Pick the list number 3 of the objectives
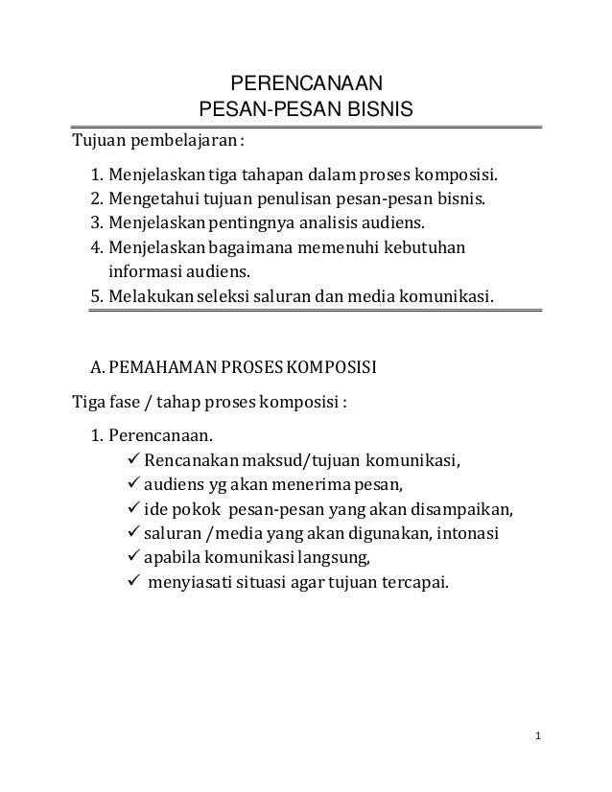point(95,224)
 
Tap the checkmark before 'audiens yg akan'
point(133,485)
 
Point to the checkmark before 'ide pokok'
point(133,508)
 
